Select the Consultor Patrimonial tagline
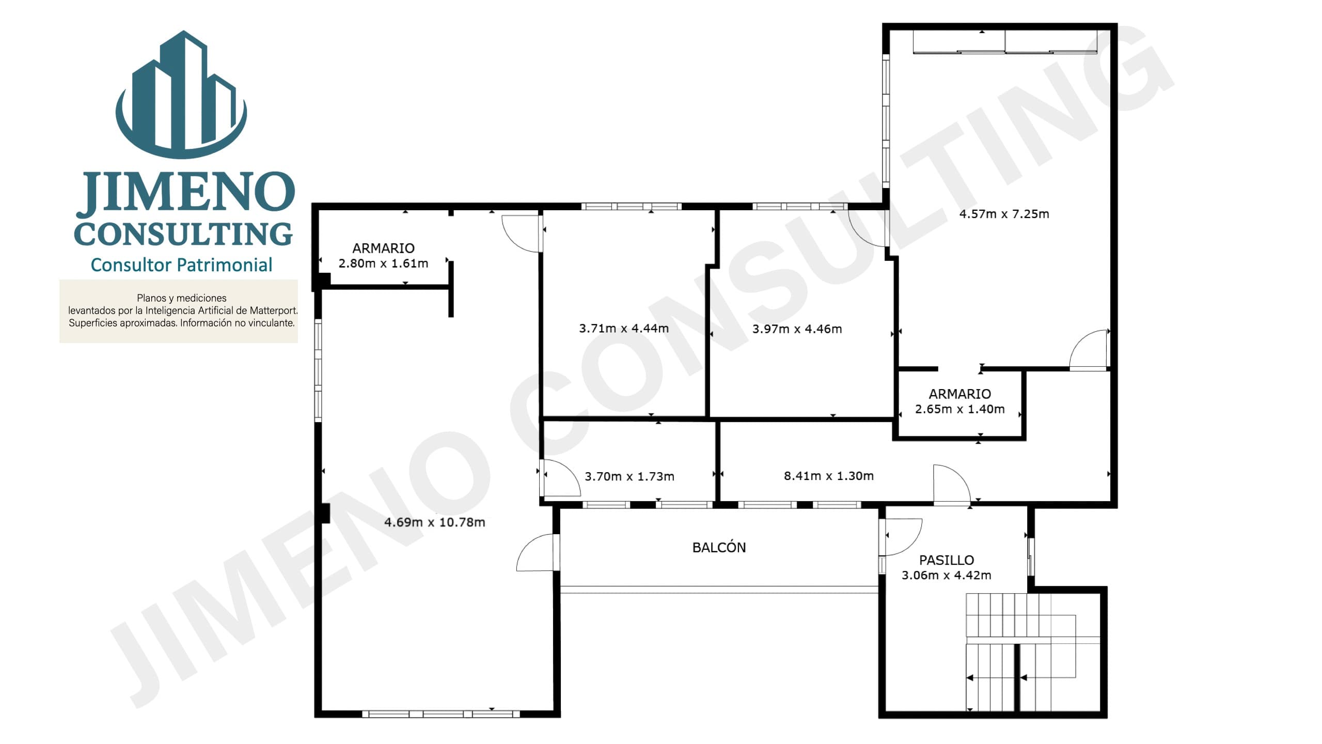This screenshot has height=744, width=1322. point(181,265)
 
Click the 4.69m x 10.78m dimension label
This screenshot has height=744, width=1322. point(435,522)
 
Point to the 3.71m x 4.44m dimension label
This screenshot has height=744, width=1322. point(624,328)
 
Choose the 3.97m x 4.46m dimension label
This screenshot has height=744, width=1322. point(797,329)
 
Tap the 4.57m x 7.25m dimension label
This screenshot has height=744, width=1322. point(1004,214)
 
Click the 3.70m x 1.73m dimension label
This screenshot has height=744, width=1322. point(629,476)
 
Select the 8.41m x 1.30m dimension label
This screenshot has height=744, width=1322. point(829,476)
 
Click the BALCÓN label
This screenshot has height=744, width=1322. point(719,547)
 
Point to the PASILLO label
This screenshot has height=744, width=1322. point(947,560)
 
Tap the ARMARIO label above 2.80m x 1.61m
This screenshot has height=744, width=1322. point(383,248)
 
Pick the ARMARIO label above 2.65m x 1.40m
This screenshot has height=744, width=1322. point(960,394)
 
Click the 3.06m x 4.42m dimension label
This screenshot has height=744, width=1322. point(947,575)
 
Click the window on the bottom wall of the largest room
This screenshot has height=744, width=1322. point(440,714)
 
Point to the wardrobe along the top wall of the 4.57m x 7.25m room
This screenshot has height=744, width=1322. point(1005,41)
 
